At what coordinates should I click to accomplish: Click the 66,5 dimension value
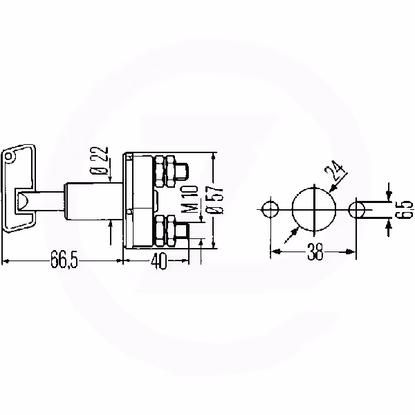pyautogui.click(x=64, y=259)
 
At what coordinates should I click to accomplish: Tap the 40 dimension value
pyautogui.click(x=159, y=261)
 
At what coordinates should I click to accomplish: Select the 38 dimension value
pyautogui.click(x=315, y=251)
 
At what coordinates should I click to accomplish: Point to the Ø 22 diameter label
pyautogui.click(x=100, y=161)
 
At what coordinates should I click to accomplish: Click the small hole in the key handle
pyautogui.click(x=9, y=156)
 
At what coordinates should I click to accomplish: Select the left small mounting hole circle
pyautogui.click(x=270, y=209)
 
